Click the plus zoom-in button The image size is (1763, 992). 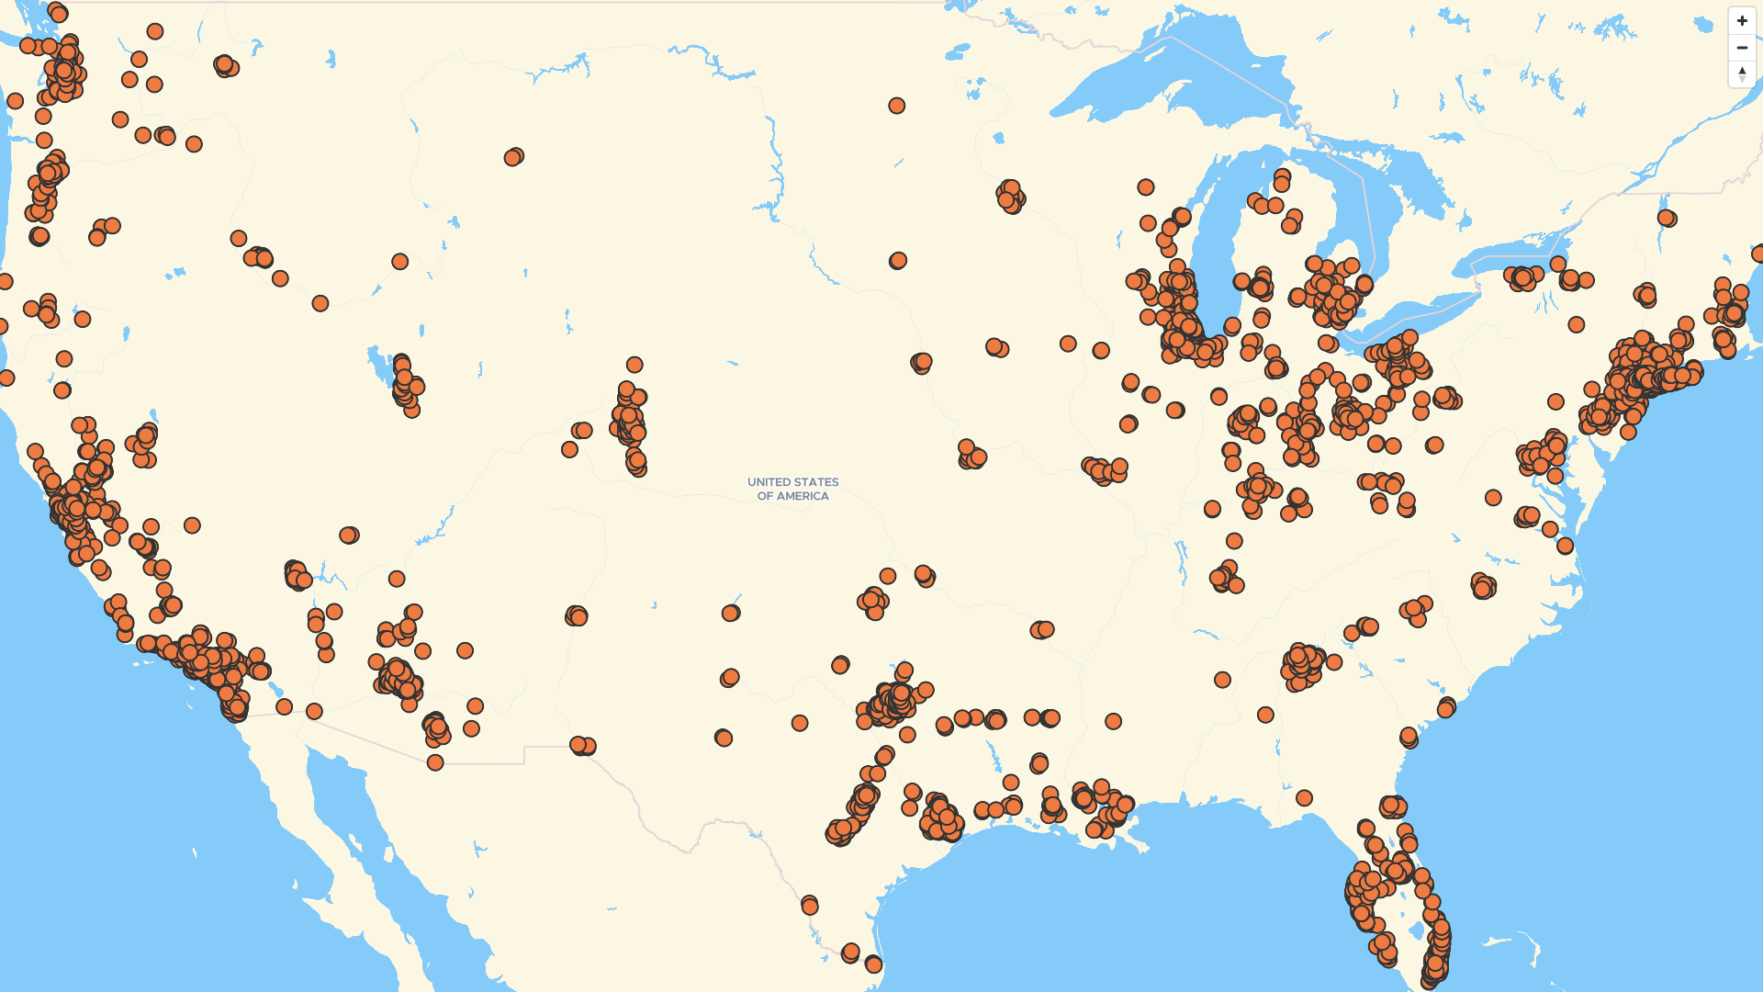(1742, 21)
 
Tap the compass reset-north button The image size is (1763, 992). (1742, 73)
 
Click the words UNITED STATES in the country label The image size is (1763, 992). (792, 482)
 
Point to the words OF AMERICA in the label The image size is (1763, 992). (792, 496)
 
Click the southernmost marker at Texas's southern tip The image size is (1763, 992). (873, 964)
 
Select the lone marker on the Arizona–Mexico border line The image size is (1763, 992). (435, 762)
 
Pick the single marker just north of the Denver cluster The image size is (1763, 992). (634, 365)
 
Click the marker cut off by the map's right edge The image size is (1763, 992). (1757, 254)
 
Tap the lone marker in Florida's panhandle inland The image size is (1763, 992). (1304, 798)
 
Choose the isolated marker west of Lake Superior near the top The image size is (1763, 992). (896, 106)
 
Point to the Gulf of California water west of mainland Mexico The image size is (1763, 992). (367, 827)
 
